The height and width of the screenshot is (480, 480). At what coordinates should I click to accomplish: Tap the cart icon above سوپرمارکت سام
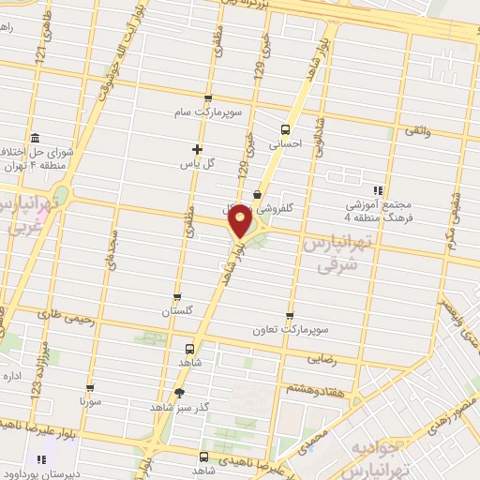click(207, 97)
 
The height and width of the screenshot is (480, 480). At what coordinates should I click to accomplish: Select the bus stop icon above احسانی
click(285, 130)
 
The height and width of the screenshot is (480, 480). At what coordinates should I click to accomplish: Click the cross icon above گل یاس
click(197, 148)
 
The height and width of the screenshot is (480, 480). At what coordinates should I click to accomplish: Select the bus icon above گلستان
click(177, 297)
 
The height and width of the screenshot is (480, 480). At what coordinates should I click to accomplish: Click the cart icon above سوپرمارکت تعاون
click(289, 316)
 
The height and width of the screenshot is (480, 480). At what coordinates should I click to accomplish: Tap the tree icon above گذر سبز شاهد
click(181, 394)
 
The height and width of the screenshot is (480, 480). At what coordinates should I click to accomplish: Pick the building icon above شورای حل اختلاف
click(35, 136)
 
